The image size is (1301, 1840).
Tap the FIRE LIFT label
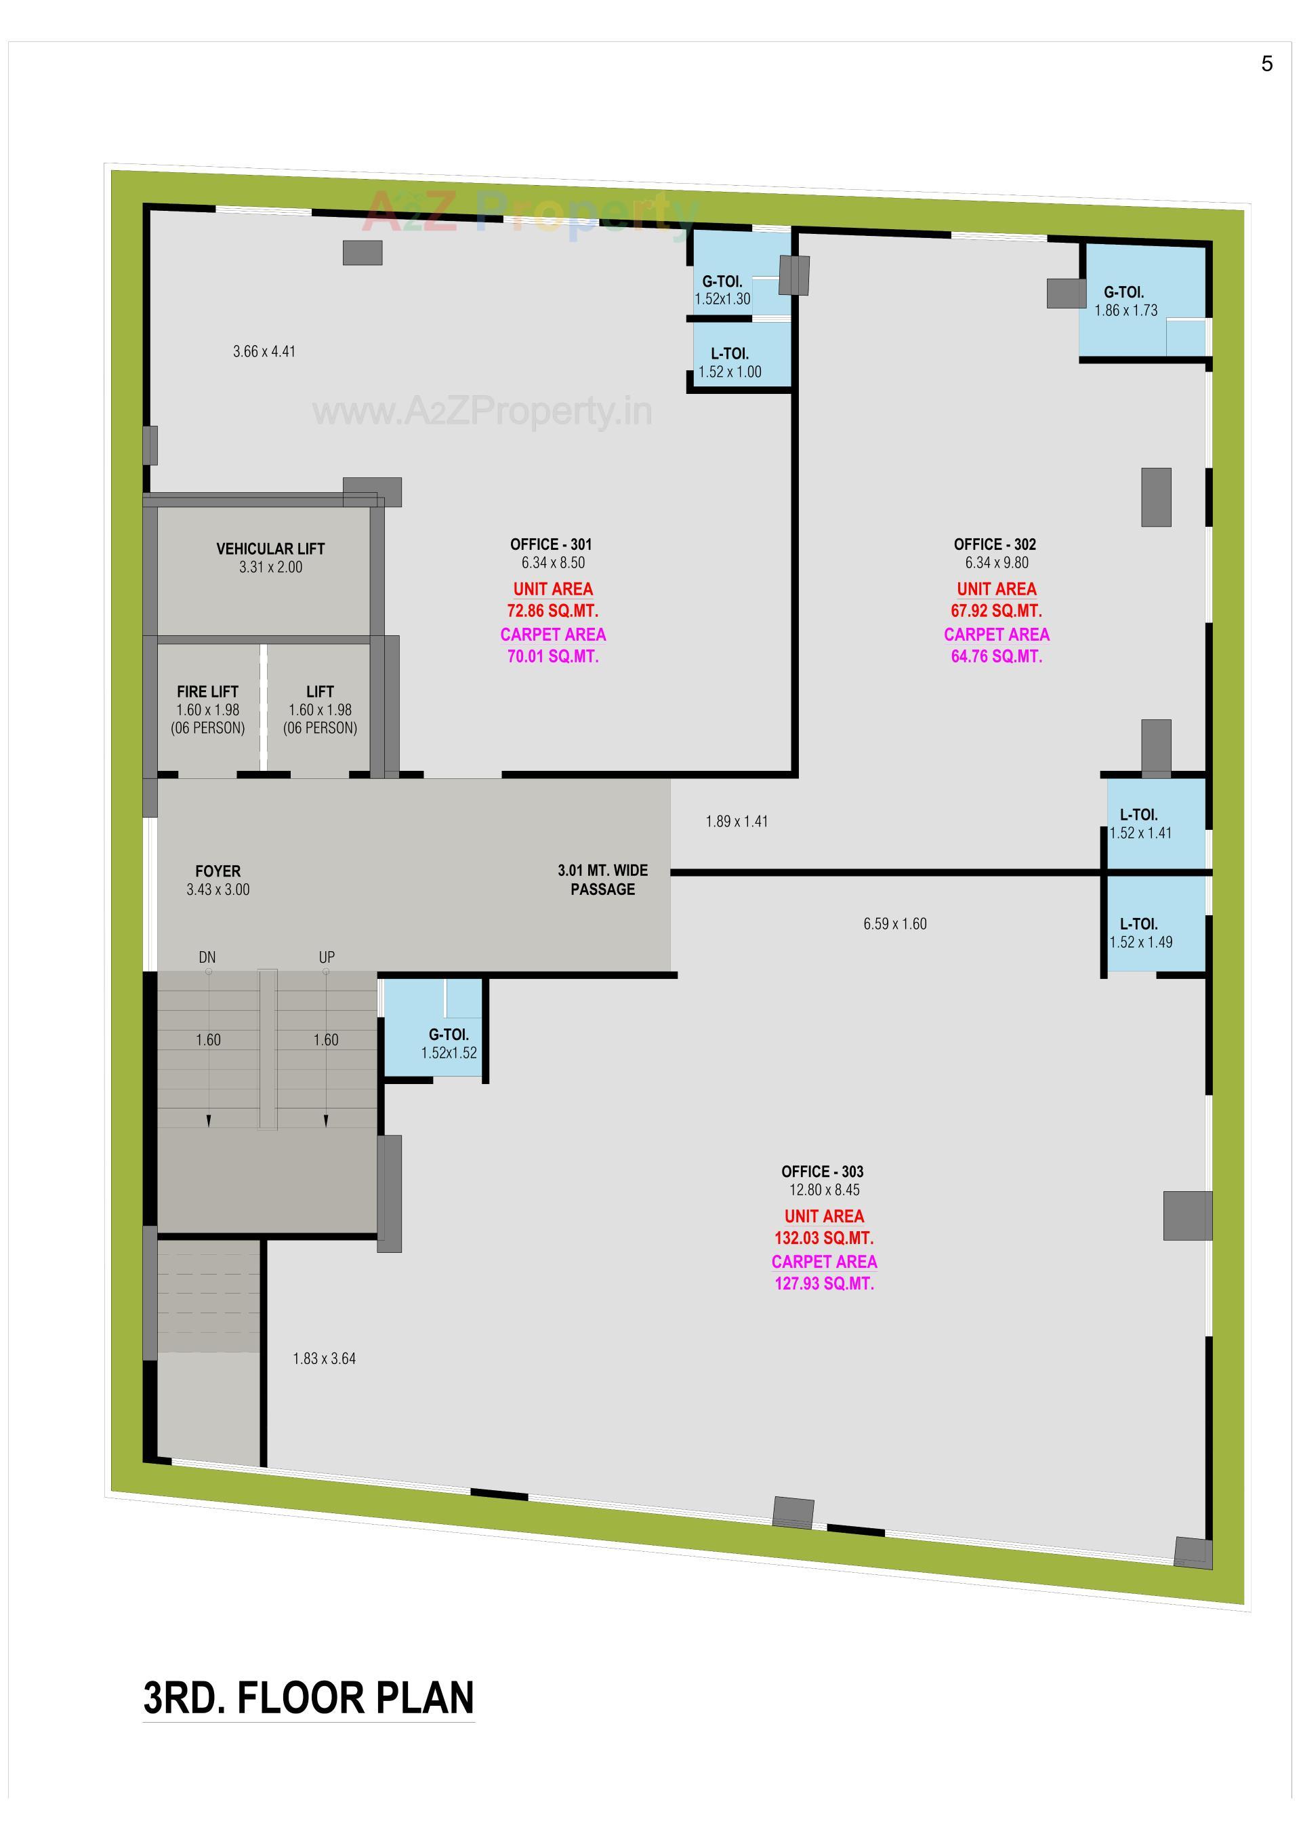(x=207, y=692)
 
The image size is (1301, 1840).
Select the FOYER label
(x=218, y=871)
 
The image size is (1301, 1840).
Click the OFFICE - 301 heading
(x=551, y=544)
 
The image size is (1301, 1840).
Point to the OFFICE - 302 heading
(x=995, y=544)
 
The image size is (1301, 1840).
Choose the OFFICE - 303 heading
(x=823, y=1172)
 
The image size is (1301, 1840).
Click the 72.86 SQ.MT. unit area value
(x=553, y=611)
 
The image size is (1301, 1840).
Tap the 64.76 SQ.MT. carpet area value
(x=997, y=656)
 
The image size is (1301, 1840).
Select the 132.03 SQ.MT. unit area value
(x=823, y=1238)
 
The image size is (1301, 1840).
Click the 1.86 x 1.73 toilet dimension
(x=1126, y=311)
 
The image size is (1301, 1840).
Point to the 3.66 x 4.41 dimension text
(x=264, y=351)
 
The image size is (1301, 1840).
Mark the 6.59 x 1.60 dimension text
(x=895, y=924)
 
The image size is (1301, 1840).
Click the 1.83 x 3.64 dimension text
(x=325, y=1359)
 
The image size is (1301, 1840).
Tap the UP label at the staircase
(x=327, y=957)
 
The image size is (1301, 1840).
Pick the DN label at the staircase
(x=207, y=957)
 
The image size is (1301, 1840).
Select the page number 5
(x=1266, y=64)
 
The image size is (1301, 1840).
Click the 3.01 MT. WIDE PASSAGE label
(x=602, y=880)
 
